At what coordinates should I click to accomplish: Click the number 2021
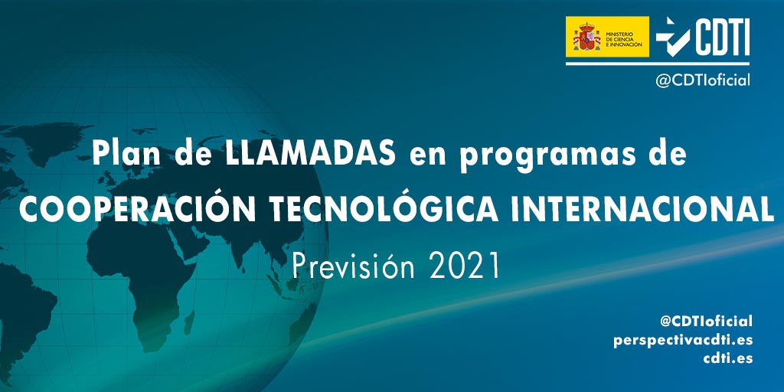[x=465, y=266]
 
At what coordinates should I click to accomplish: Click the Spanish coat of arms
[x=586, y=37]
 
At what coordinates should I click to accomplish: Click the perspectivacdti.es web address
[x=683, y=340]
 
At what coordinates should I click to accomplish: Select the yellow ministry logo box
[x=607, y=37]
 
